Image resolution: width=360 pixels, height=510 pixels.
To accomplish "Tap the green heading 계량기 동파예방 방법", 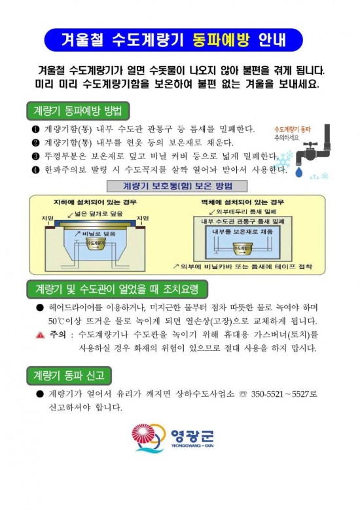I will (77, 109).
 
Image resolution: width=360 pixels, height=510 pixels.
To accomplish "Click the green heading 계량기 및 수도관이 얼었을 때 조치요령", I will (116, 288).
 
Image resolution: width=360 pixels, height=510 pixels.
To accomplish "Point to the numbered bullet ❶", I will (35, 128).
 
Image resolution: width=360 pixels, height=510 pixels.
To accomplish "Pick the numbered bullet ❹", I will (35, 170).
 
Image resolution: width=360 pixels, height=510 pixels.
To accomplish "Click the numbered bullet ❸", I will (35, 156).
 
